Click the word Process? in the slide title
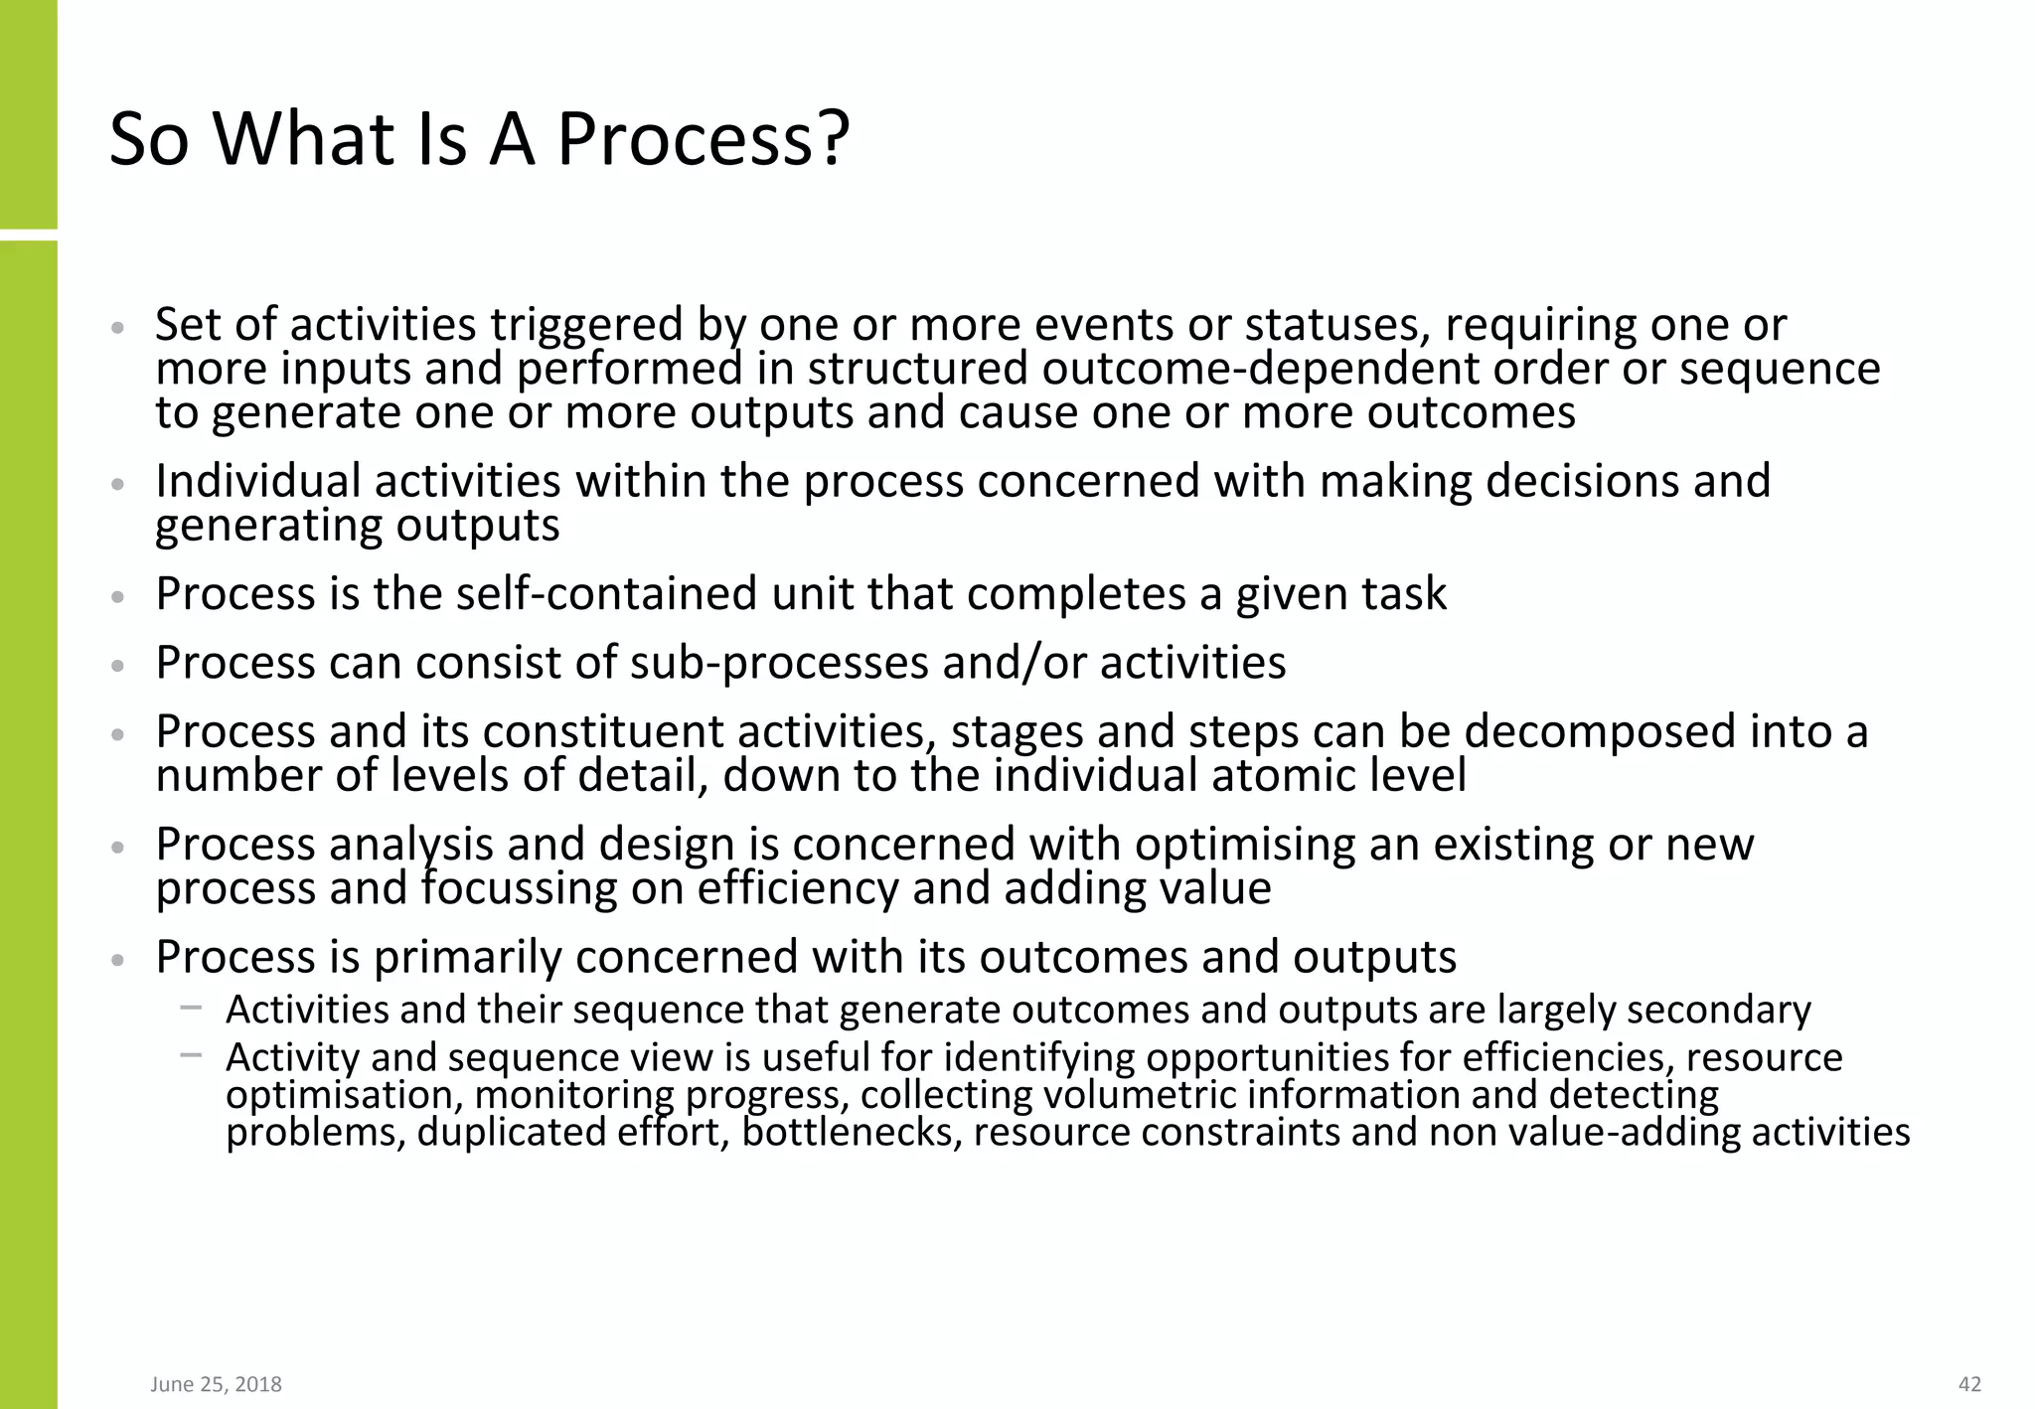click(x=703, y=139)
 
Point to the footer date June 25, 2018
click(x=216, y=1384)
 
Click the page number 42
click(x=1969, y=1384)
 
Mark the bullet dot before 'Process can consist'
click(x=118, y=665)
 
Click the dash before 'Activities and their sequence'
click(x=191, y=1009)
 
